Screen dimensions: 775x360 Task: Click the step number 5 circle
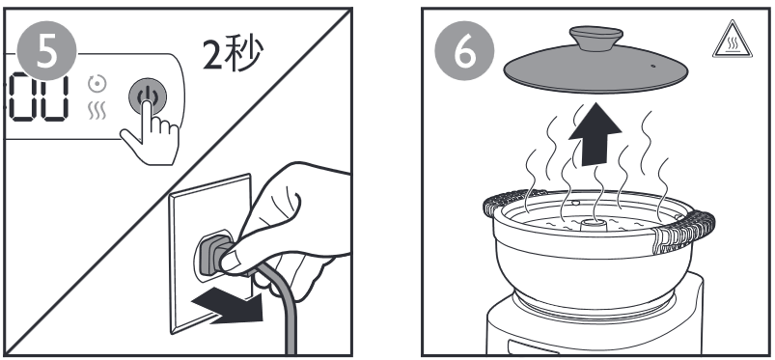[x=47, y=50]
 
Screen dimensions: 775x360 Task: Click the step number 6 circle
[x=464, y=51]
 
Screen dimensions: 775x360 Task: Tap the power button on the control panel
[x=148, y=97]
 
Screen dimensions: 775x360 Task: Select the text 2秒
[x=234, y=54]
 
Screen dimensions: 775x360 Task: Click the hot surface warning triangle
[x=732, y=41]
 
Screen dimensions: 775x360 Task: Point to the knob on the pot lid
[x=595, y=38]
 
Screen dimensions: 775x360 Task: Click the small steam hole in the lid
[x=653, y=66]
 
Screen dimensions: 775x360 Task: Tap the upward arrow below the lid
[x=595, y=133]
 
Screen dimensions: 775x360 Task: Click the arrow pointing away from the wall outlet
[x=228, y=306]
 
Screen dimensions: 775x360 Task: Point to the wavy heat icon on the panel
[x=97, y=112]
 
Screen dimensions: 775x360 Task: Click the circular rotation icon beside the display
[x=97, y=84]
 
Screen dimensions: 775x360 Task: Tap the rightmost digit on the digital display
[x=53, y=97]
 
